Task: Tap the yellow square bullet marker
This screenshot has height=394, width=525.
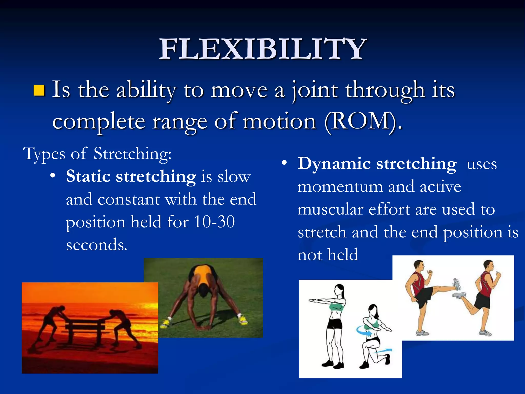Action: point(39,90)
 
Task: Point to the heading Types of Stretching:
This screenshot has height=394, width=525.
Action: point(97,154)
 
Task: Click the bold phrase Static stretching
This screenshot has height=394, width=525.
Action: point(131,177)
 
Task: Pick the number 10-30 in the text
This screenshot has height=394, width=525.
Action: point(214,222)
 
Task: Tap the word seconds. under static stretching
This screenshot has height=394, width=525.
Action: point(97,244)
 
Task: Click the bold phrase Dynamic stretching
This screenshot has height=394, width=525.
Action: point(377,164)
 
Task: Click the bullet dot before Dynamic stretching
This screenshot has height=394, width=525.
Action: point(284,163)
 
